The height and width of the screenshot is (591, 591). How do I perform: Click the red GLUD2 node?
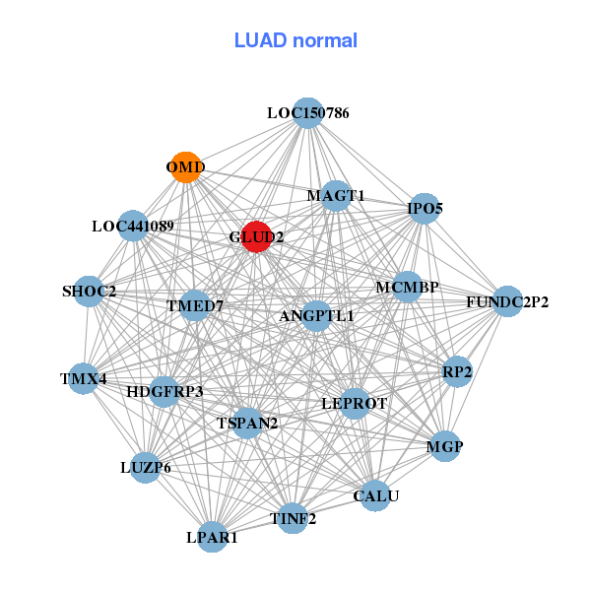pyautogui.click(x=256, y=236)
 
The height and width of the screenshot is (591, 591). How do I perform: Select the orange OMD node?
pyautogui.click(x=185, y=167)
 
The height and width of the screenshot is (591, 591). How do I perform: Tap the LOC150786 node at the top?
pyautogui.click(x=308, y=113)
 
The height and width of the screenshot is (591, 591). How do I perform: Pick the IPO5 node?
pyautogui.click(x=425, y=208)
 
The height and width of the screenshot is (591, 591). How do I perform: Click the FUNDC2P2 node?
pyautogui.click(x=507, y=301)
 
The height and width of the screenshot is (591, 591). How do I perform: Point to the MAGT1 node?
pyautogui.click(x=336, y=195)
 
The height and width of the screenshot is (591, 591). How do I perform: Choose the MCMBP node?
pyautogui.click(x=407, y=288)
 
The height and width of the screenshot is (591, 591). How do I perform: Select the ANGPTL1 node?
pyautogui.click(x=316, y=316)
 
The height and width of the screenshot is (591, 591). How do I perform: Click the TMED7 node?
pyautogui.click(x=195, y=305)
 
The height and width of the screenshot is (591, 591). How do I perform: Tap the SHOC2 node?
pyautogui.click(x=89, y=292)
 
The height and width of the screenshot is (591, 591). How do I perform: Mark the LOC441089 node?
pyautogui.click(x=133, y=226)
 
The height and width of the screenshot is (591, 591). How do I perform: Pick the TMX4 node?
pyautogui.click(x=83, y=378)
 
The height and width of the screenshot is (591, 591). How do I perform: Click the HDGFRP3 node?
pyautogui.click(x=164, y=391)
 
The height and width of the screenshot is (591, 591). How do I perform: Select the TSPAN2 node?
pyautogui.click(x=247, y=423)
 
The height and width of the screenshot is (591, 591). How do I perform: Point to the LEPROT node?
pyautogui.click(x=355, y=403)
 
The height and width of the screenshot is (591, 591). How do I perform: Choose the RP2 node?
pyautogui.click(x=457, y=371)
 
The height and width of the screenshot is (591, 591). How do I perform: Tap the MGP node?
pyautogui.click(x=444, y=446)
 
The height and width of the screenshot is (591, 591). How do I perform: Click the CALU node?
pyautogui.click(x=376, y=495)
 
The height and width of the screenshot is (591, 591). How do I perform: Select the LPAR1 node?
pyautogui.click(x=213, y=538)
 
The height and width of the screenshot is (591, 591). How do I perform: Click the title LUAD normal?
pyautogui.click(x=295, y=40)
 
